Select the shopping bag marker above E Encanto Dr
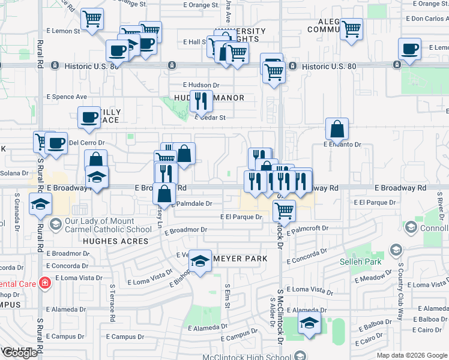(337, 128)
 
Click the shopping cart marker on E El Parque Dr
(283, 210)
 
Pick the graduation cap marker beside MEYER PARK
(200, 260)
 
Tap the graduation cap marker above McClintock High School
(309, 322)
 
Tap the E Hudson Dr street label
(201, 85)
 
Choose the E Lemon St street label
(62, 31)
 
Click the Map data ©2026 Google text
(411, 355)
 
